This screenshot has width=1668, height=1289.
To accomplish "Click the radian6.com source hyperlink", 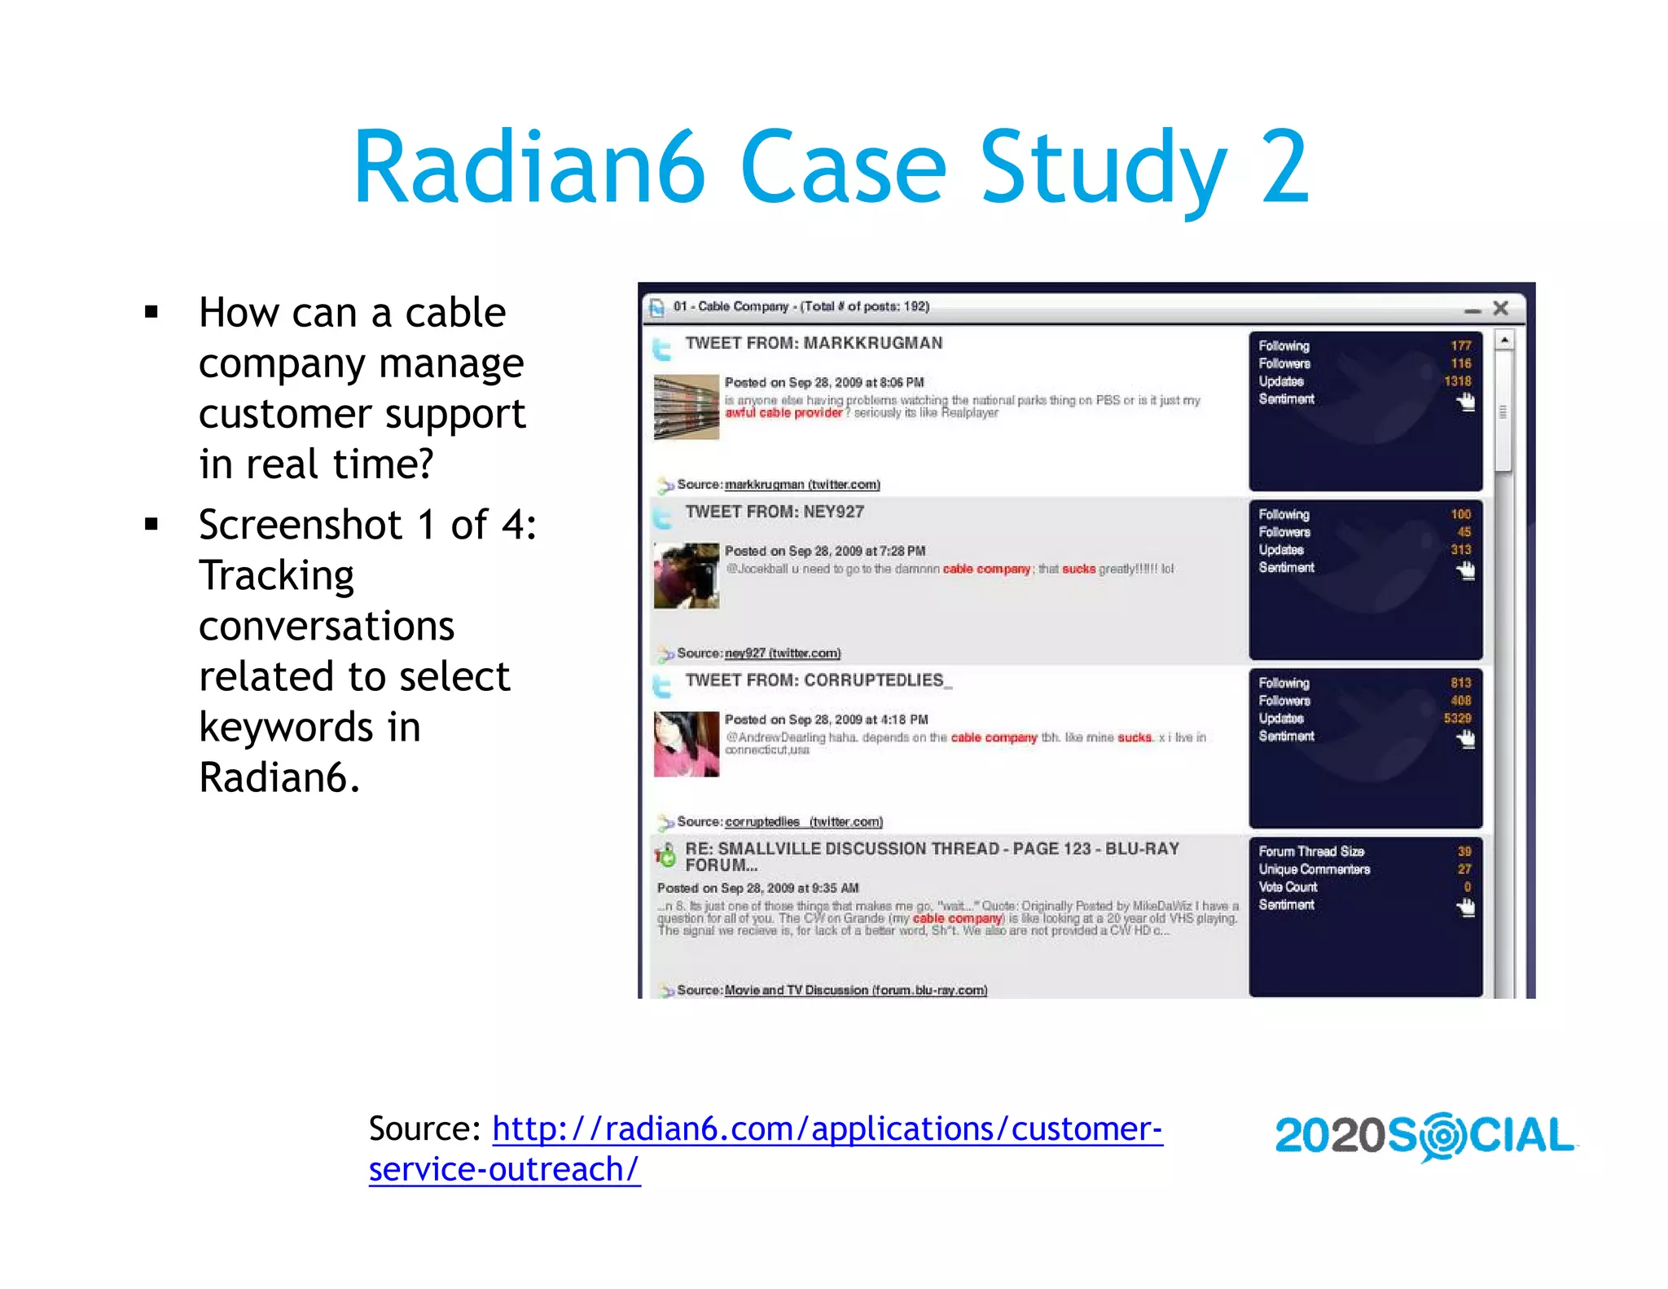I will (827, 1129).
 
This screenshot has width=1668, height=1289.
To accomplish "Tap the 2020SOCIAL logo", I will (1424, 1136).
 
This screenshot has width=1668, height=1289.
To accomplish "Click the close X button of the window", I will (1500, 308).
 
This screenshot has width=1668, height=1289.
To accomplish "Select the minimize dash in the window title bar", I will (1472, 310).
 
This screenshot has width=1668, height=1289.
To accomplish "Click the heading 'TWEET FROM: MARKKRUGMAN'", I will (813, 343).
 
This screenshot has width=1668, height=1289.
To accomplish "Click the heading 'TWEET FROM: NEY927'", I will (774, 512).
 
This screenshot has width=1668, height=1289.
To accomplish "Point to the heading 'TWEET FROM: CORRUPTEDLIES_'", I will (818, 680).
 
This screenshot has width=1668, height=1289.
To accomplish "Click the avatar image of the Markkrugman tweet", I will (686, 407).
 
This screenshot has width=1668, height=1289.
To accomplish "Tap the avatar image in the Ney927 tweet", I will (686, 575).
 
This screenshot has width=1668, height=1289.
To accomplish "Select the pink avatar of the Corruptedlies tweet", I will (686, 744).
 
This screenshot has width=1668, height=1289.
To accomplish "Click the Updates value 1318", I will (1457, 381).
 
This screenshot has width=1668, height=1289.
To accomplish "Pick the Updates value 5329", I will (1457, 719).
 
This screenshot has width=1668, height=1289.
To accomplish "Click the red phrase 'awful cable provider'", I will (784, 413).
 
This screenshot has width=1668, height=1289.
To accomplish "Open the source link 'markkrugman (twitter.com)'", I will (802, 485).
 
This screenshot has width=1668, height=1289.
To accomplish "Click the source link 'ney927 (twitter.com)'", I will (782, 653).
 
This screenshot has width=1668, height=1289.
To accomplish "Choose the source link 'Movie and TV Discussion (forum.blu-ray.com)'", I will (855, 991).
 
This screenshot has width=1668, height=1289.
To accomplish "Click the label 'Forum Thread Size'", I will (1310, 851).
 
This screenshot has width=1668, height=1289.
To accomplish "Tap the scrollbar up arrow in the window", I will (1504, 340).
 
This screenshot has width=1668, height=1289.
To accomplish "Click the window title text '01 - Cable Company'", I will (731, 306).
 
